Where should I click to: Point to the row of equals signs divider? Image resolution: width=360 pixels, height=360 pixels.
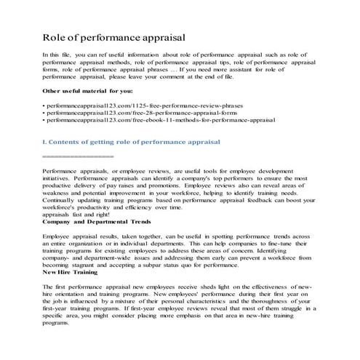click(79, 156)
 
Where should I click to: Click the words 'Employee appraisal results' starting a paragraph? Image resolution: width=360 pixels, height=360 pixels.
click(82, 236)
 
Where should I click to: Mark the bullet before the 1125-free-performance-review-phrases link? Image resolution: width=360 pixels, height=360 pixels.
click(45, 106)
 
